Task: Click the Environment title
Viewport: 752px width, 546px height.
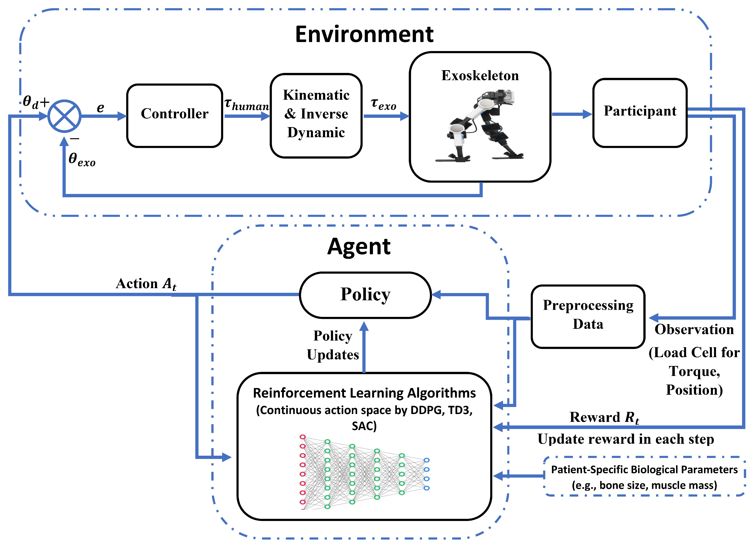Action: pyautogui.click(x=364, y=34)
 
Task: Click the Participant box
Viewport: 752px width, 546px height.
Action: pyautogui.click(x=640, y=113)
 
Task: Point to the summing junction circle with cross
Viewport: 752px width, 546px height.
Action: pyautogui.click(x=64, y=116)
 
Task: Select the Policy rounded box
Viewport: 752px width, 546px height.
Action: pyautogui.click(x=365, y=295)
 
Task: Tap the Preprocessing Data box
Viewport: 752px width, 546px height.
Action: pyautogui.click(x=588, y=316)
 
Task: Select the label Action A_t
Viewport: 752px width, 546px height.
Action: pyautogui.click(x=146, y=284)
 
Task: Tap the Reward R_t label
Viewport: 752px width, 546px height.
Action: pyautogui.click(x=604, y=417)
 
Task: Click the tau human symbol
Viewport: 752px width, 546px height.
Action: pyautogui.click(x=247, y=104)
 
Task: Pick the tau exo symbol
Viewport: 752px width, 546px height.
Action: pyautogui.click(x=384, y=104)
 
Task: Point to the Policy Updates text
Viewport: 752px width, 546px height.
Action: pyautogui.click(x=333, y=345)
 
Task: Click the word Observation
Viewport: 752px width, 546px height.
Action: pyautogui.click(x=694, y=330)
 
